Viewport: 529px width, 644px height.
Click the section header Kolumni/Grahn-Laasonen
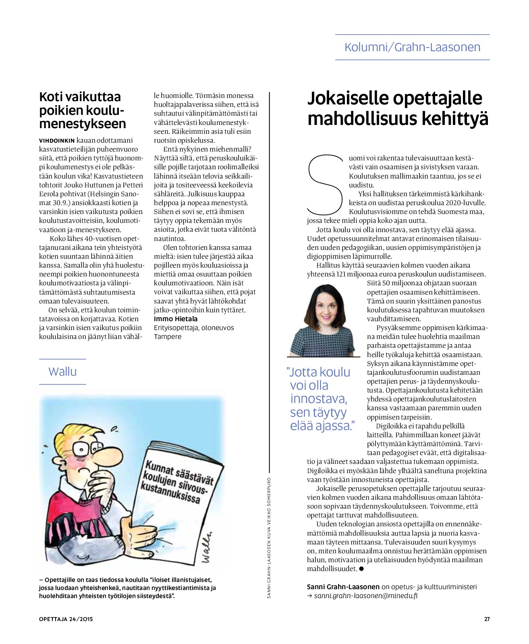[412, 47]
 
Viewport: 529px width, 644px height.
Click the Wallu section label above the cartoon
[62, 371]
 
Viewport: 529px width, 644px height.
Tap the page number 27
[487, 619]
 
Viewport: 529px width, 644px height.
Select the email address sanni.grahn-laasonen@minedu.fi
[365, 596]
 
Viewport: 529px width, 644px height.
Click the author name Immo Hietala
[176, 319]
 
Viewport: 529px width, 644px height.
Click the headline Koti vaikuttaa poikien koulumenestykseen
[82, 110]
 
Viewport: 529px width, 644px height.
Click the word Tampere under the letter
[168, 337]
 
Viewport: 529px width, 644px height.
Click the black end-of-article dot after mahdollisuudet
[361, 569]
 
